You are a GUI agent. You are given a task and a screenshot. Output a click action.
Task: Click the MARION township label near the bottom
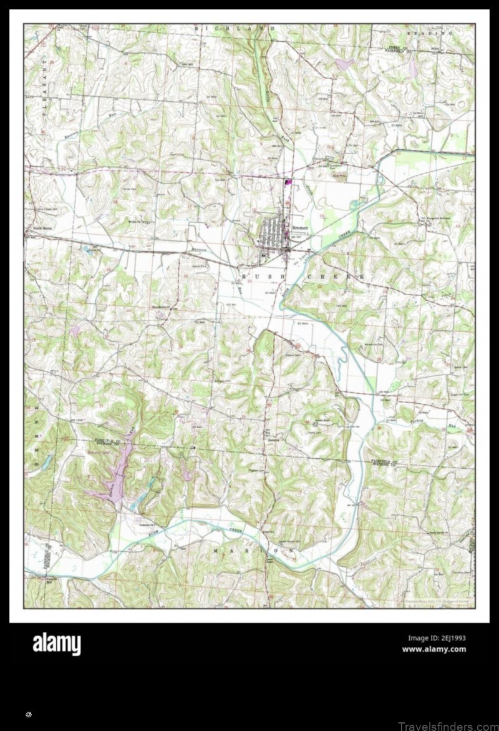click(x=253, y=551)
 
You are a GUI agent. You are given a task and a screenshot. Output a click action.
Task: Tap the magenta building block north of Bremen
click(x=288, y=182)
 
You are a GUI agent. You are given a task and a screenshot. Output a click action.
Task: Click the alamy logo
click(x=56, y=644)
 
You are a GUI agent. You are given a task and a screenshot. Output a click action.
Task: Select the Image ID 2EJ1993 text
click(x=437, y=638)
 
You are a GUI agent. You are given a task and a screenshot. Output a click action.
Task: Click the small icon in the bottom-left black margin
click(x=29, y=714)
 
